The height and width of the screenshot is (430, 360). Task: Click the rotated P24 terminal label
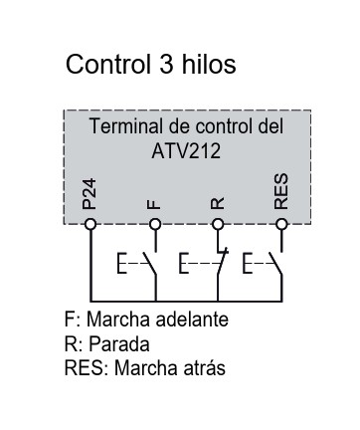tap(90, 194)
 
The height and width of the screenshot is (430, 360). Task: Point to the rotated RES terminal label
tap(281, 191)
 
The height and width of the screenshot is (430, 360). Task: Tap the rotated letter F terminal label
tap(154, 204)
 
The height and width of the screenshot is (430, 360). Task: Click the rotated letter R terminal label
tap(218, 203)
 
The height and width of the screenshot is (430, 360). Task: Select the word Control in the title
tap(108, 64)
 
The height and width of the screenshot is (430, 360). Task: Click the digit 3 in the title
tap(166, 64)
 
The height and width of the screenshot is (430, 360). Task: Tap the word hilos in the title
tap(209, 64)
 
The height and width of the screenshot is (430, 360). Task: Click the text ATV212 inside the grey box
tap(186, 151)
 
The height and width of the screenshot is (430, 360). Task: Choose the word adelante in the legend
tap(192, 320)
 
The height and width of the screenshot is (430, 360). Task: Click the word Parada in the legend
tap(119, 343)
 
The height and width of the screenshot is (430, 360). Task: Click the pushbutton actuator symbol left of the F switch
tap(122, 263)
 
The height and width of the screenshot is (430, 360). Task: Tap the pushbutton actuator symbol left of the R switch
tap(184, 263)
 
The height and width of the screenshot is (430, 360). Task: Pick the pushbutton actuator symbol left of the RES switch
tap(248, 263)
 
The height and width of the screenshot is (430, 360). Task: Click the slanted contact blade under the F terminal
tap(149, 264)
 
